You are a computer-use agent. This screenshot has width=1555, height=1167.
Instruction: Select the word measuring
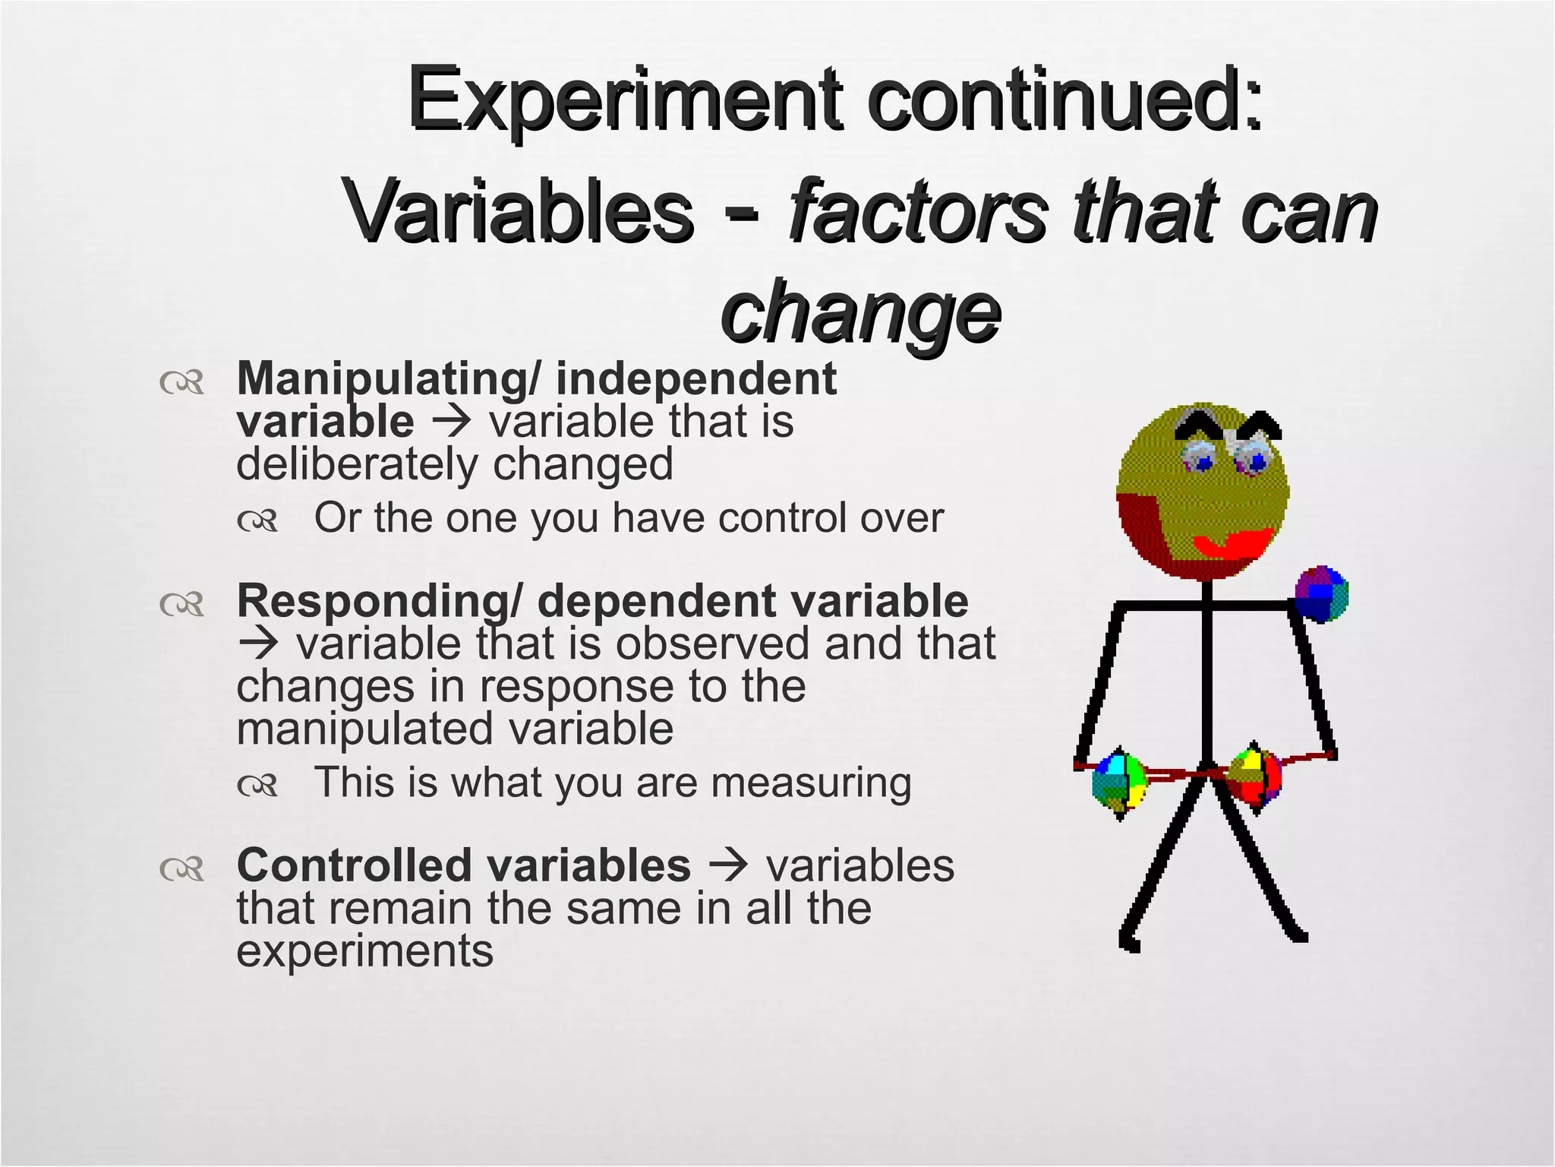[x=810, y=783]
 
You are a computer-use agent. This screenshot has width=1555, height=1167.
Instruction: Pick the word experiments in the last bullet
[x=364, y=951]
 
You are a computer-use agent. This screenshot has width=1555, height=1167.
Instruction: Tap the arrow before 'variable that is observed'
[x=259, y=644]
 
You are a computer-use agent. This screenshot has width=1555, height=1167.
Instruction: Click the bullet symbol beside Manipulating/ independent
[x=182, y=382]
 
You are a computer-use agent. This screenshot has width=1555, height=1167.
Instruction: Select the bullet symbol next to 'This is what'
[x=257, y=786]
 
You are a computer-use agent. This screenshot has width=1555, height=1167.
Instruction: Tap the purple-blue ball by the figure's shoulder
[x=1320, y=594]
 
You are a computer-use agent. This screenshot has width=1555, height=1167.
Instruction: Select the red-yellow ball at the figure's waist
[x=1254, y=777]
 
